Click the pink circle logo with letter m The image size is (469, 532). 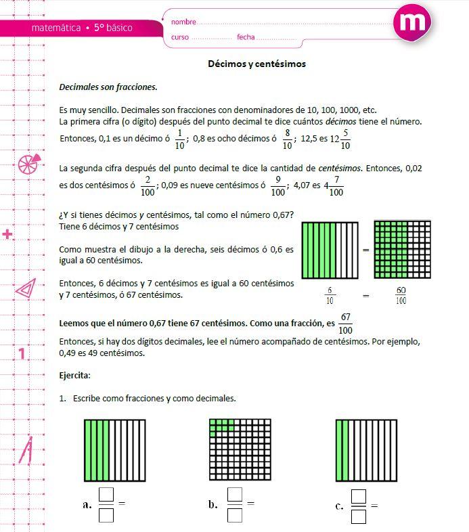[x=411, y=23]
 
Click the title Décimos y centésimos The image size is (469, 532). [x=256, y=64]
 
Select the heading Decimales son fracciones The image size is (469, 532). [x=108, y=87]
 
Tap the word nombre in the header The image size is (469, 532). [x=183, y=22]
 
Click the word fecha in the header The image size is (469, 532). [x=246, y=37]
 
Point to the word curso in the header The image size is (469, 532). [x=180, y=37]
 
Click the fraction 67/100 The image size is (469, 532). [x=346, y=324]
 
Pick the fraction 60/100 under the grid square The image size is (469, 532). [x=401, y=295]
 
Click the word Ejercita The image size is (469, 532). [x=75, y=374]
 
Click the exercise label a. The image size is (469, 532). [x=87, y=504]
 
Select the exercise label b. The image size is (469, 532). [x=213, y=504]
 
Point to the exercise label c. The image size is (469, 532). [x=339, y=506]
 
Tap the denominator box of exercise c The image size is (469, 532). [x=359, y=517]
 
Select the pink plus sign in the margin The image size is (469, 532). [x=8, y=235]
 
